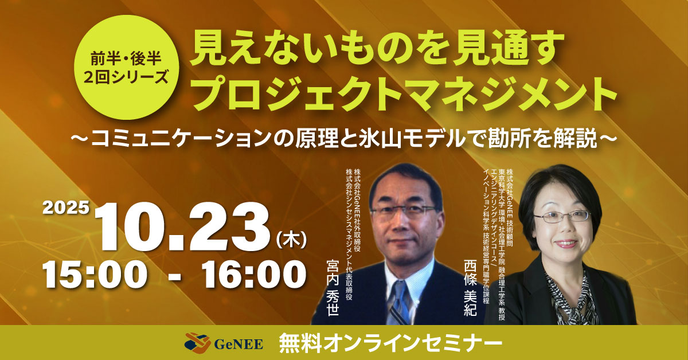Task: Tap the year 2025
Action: point(66,207)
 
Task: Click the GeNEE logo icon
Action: point(197,343)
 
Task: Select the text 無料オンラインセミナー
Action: point(390,343)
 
